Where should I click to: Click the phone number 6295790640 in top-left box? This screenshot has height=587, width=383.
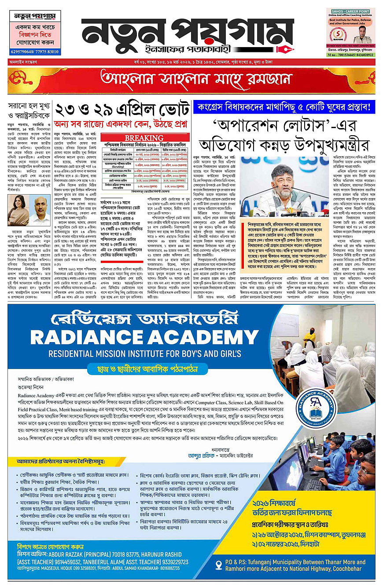click(22, 52)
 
